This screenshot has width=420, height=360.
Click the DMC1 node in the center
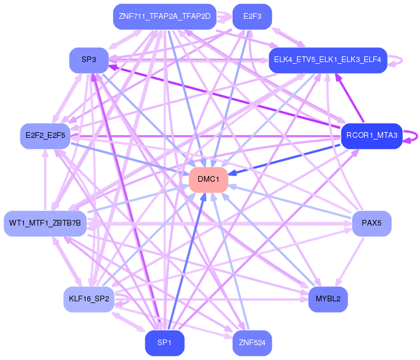(x=209, y=179)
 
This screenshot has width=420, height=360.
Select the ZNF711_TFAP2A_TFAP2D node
(x=165, y=17)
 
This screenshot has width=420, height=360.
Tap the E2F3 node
(x=252, y=17)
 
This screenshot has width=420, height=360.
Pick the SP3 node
(x=89, y=60)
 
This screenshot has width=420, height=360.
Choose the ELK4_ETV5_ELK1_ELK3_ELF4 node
(x=328, y=60)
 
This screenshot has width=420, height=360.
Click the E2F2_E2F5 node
(x=45, y=136)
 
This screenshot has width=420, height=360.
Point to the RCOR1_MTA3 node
(x=372, y=136)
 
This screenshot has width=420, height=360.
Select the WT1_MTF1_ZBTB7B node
(x=45, y=223)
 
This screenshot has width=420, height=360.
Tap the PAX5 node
(x=372, y=223)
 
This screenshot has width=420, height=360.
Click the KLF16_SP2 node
(x=89, y=299)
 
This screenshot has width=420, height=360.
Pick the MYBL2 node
(x=328, y=299)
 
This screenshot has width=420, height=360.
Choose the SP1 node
(x=165, y=343)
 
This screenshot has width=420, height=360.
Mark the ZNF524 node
(x=252, y=343)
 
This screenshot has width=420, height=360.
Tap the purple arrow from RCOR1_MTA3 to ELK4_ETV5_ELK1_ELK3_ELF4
(x=350, y=98)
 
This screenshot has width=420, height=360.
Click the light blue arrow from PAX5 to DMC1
(x=290, y=201)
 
